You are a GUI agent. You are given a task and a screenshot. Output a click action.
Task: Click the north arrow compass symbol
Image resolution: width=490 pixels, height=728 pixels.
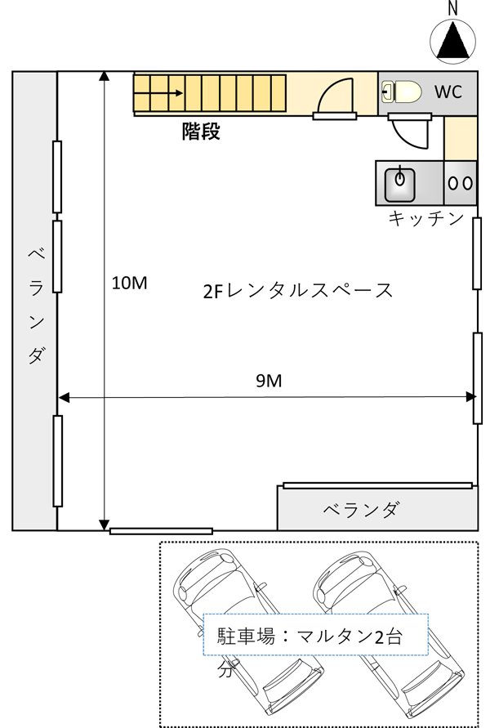coord(452,40)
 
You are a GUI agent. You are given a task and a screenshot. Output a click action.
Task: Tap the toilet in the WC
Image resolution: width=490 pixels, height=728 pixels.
coord(401,92)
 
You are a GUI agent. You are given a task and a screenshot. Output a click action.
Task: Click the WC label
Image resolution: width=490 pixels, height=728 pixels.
coord(448,92)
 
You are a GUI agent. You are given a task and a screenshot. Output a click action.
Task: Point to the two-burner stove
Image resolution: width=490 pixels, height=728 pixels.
coord(461,183)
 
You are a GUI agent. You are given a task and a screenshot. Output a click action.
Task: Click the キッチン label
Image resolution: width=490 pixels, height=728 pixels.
coord(426,218)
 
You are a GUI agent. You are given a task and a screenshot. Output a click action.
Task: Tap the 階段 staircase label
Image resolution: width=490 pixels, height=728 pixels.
coord(201,132)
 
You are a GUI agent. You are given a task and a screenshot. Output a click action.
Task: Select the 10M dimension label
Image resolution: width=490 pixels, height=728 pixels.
coord(129,282)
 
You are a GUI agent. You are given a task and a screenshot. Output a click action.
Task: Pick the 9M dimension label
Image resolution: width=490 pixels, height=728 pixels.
coord(269,381)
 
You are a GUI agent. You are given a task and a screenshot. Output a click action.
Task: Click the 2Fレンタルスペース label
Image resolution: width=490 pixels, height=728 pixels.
coord(298,291)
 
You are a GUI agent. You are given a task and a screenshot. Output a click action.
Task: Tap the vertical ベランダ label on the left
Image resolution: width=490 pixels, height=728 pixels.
coord(36,306)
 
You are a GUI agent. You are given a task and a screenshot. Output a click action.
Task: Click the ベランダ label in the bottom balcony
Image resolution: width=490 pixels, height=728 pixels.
coord(361,510)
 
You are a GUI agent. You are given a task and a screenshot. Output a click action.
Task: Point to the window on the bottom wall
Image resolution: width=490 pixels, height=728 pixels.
coord(161,531)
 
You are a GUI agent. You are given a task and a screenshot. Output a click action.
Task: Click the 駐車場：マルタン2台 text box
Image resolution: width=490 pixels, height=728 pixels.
coord(315,635)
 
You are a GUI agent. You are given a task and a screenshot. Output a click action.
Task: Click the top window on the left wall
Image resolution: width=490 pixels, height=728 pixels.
coord(57,176)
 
